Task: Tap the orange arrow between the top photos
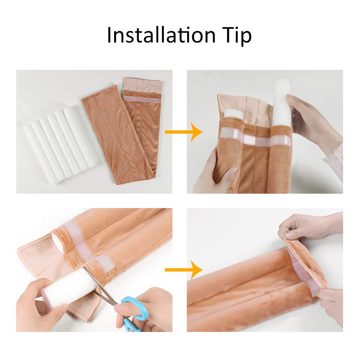click(184, 132)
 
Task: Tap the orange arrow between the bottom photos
click(184, 270)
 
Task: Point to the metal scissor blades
click(101, 287)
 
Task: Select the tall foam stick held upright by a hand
click(282, 102)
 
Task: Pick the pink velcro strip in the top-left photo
click(141, 99)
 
